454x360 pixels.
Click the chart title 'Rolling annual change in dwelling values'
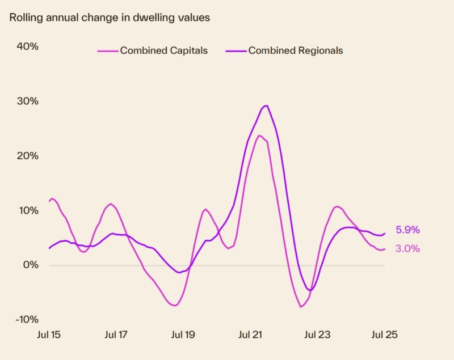tap(109, 18)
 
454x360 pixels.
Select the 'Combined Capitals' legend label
tap(163, 50)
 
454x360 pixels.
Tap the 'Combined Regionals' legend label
tap(296, 50)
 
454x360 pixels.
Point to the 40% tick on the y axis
tap(27, 46)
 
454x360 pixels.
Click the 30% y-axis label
tap(27, 101)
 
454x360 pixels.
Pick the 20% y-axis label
tap(27, 156)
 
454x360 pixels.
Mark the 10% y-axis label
tap(27, 210)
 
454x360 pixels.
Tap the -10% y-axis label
tap(25, 319)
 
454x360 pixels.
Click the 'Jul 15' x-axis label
tap(48, 334)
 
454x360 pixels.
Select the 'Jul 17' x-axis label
tap(116, 334)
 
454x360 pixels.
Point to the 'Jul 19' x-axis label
tap(183, 334)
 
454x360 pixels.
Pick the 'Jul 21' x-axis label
tap(250, 334)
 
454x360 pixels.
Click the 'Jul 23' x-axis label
tap(317, 334)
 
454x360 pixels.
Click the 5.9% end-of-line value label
tap(407, 230)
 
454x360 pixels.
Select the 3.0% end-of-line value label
tap(407, 248)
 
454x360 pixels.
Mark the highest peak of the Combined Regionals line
tap(266, 105)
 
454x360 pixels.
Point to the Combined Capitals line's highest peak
tap(259, 135)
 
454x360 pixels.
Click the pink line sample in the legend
tap(107, 50)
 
